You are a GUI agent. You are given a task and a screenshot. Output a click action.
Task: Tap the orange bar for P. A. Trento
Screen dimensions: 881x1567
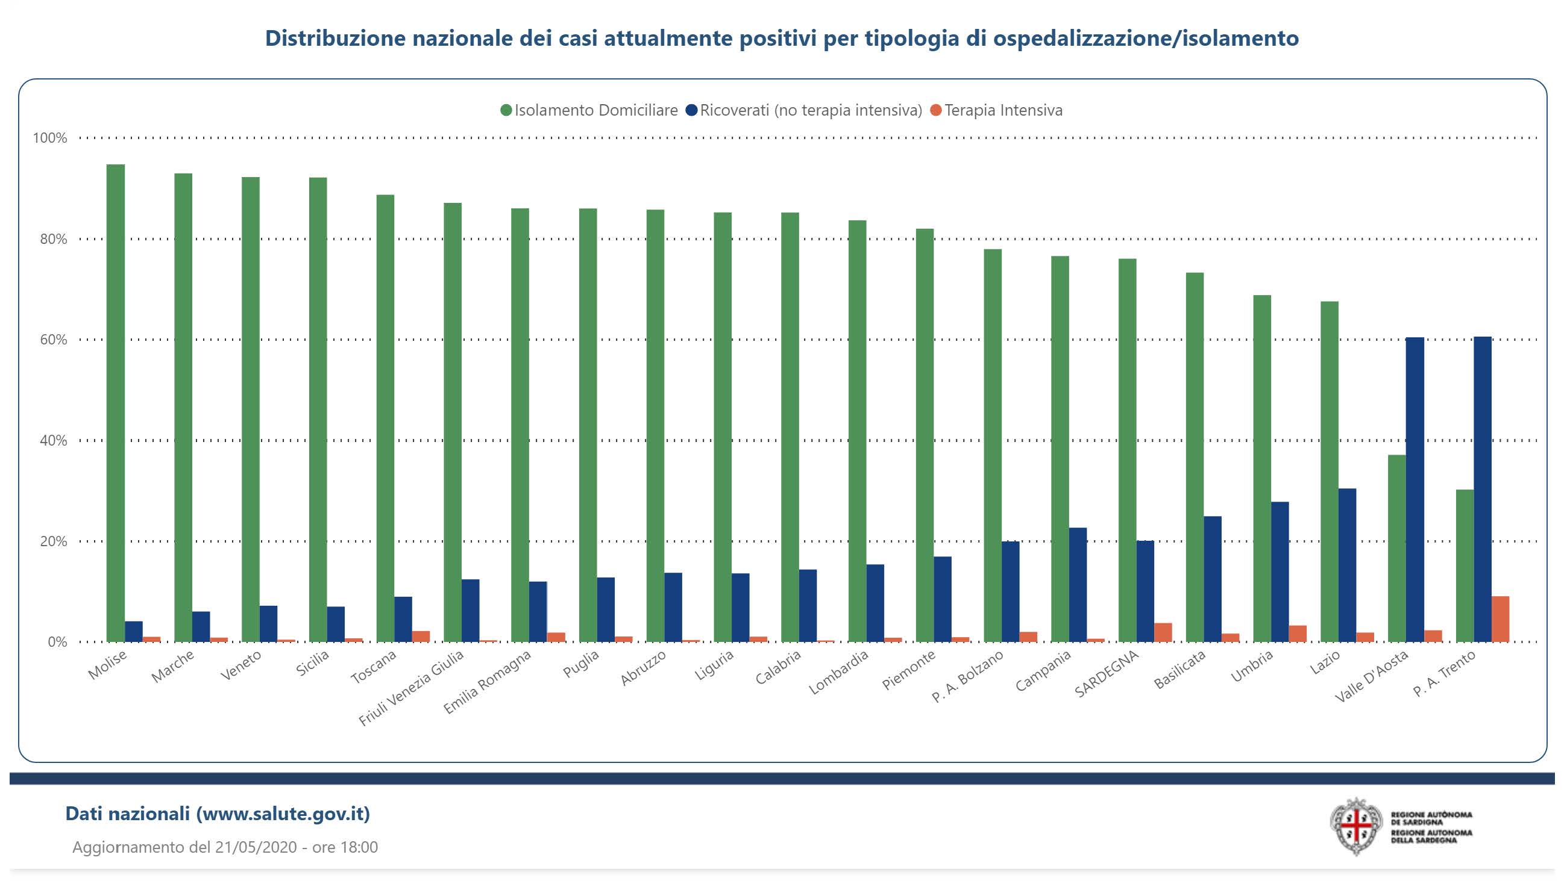(1500, 619)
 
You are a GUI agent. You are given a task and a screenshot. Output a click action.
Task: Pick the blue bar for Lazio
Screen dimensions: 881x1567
(1347, 565)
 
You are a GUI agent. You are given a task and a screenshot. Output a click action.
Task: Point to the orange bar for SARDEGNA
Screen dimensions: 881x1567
(1163, 632)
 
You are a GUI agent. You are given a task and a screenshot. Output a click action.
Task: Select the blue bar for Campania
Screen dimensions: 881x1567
(1078, 584)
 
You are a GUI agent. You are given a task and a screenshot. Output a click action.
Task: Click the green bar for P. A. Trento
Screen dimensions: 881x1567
(1464, 565)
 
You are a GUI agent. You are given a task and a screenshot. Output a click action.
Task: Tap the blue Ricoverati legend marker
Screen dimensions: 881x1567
(692, 110)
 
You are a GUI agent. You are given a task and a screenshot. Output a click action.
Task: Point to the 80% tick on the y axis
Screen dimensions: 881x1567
(54, 239)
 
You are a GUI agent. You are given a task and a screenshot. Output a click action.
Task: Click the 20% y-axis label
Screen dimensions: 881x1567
(54, 541)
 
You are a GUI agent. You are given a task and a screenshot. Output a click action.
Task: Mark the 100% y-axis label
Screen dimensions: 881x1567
(50, 138)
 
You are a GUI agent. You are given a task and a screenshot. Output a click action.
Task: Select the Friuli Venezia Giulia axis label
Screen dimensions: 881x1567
(411, 688)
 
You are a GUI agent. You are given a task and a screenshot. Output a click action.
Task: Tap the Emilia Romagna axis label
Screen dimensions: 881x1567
(486, 682)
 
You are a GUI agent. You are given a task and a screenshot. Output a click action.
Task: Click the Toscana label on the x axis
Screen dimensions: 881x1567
(374, 667)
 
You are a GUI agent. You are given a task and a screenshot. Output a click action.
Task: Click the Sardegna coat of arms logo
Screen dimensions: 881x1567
(1356, 826)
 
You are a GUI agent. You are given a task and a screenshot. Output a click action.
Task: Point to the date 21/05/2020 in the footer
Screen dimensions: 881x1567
(256, 847)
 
